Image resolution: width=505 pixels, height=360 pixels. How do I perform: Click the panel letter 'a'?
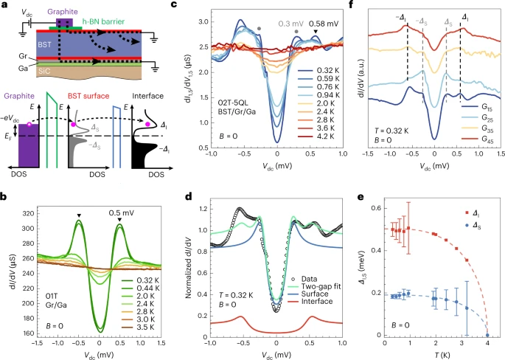coord(5,5)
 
